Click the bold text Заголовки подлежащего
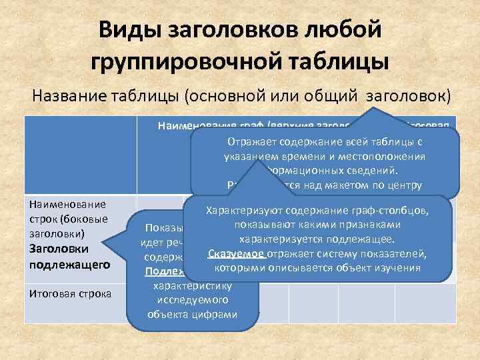[60, 257]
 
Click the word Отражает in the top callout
[253, 142]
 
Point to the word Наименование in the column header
[194, 125]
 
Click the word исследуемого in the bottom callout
[192, 302]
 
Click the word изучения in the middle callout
[399, 268]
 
